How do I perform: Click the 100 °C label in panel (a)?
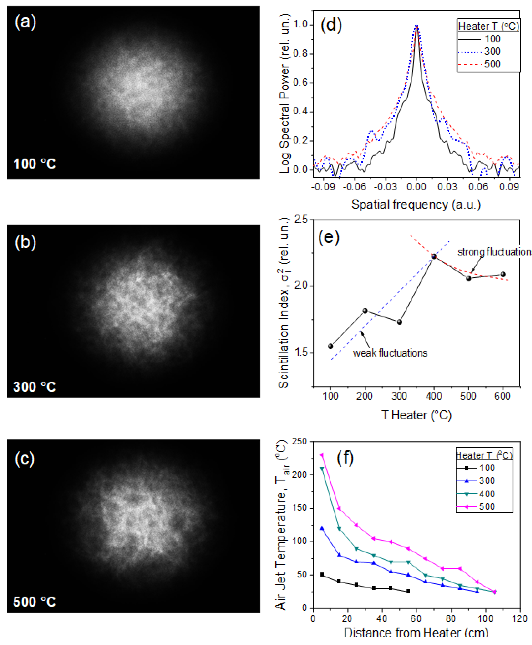pos(34,164)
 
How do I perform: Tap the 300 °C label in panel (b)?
pos(34,387)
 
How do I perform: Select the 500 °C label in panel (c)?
pos(34,602)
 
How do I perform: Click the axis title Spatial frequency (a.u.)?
pos(416,204)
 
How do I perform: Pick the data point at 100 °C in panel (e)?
pos(330,346)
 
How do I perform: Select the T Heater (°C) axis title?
pos(416,415)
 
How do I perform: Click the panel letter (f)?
pos(345,458)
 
